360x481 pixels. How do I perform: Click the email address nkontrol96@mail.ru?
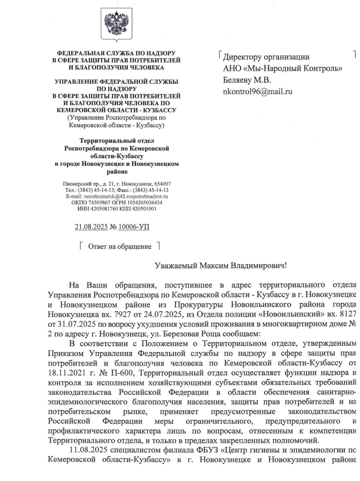258,91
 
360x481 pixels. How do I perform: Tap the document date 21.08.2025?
93,226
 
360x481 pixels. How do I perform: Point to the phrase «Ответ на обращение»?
119,247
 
